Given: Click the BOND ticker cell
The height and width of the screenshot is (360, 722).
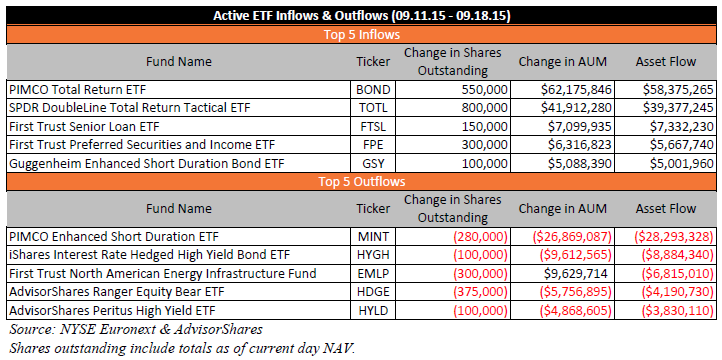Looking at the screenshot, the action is coord(373,90).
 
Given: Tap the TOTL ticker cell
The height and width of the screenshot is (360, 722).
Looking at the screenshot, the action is coord(373,108).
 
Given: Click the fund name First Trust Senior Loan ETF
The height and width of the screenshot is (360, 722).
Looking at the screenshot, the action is coord(84,127).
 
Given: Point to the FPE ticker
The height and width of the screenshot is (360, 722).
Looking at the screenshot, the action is coord(373,145).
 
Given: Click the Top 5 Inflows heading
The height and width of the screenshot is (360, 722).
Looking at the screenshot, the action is coord(361,35).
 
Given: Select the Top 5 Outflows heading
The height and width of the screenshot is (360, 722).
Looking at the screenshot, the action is coord(361,181).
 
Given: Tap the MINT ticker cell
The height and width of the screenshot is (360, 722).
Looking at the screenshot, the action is coord(373,237).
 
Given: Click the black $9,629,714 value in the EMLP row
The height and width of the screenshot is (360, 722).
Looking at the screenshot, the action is coord(575,274).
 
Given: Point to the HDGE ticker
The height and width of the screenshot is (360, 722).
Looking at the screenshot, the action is coord(373,292).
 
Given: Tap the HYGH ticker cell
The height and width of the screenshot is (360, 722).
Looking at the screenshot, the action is coord(373,255).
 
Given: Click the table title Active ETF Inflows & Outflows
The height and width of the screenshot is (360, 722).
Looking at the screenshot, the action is coord(300,16).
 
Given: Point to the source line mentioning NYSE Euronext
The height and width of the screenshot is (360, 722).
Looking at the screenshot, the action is coord(136,330).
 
